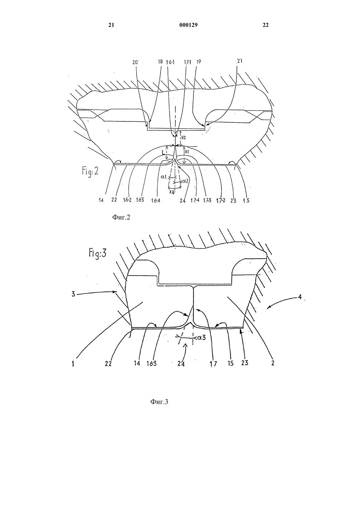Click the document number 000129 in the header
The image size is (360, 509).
(x=189, y=25)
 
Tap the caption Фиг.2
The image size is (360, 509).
(x=121, y=218)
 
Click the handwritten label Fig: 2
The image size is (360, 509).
(x=90, y=171)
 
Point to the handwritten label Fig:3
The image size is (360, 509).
(x=98, y=253)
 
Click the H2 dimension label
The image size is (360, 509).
(x=184, y=137)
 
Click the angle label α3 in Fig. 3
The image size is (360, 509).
(x=201, y=338)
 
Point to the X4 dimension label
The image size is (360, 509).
(x=172, y=192)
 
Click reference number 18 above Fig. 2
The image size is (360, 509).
(x=160, y=61)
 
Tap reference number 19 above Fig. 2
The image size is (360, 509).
(x=198, y=61)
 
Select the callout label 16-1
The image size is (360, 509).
(x=170, y=62)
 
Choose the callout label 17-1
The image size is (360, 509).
(x=188, y=62)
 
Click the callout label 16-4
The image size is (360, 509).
(x=156, y=201)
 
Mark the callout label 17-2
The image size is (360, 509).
(x=221, y=201)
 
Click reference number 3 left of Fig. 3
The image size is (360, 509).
(x=73, y=294)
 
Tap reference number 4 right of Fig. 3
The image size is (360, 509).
(x=300, y=297)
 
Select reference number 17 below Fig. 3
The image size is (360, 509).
(x=214, y=363)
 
